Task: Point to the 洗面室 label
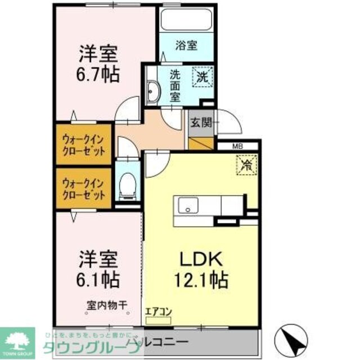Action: click(175, 84)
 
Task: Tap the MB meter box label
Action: click(238, 147)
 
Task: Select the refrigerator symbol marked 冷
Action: click(246, 165)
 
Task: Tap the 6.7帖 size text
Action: click(98, 75)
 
